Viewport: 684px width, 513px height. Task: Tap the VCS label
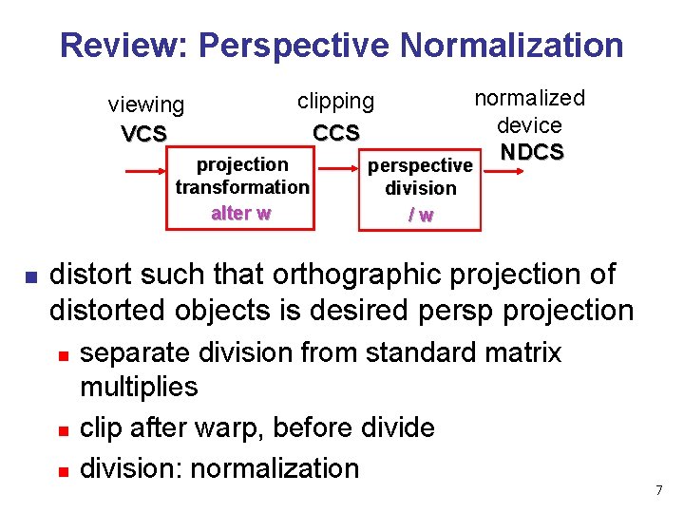pos(144,134)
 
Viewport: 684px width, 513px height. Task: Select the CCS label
pos(336,132)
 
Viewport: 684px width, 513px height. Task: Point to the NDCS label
pos(532,152)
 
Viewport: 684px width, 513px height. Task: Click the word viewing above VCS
pos(146,104)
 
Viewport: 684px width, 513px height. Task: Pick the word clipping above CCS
pos(335,101)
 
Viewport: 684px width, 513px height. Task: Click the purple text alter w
pos(241,213)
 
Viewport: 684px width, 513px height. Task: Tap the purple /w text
pos(420,215)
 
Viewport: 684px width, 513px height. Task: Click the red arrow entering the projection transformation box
pos(148,172)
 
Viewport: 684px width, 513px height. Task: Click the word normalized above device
pos(529,98)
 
